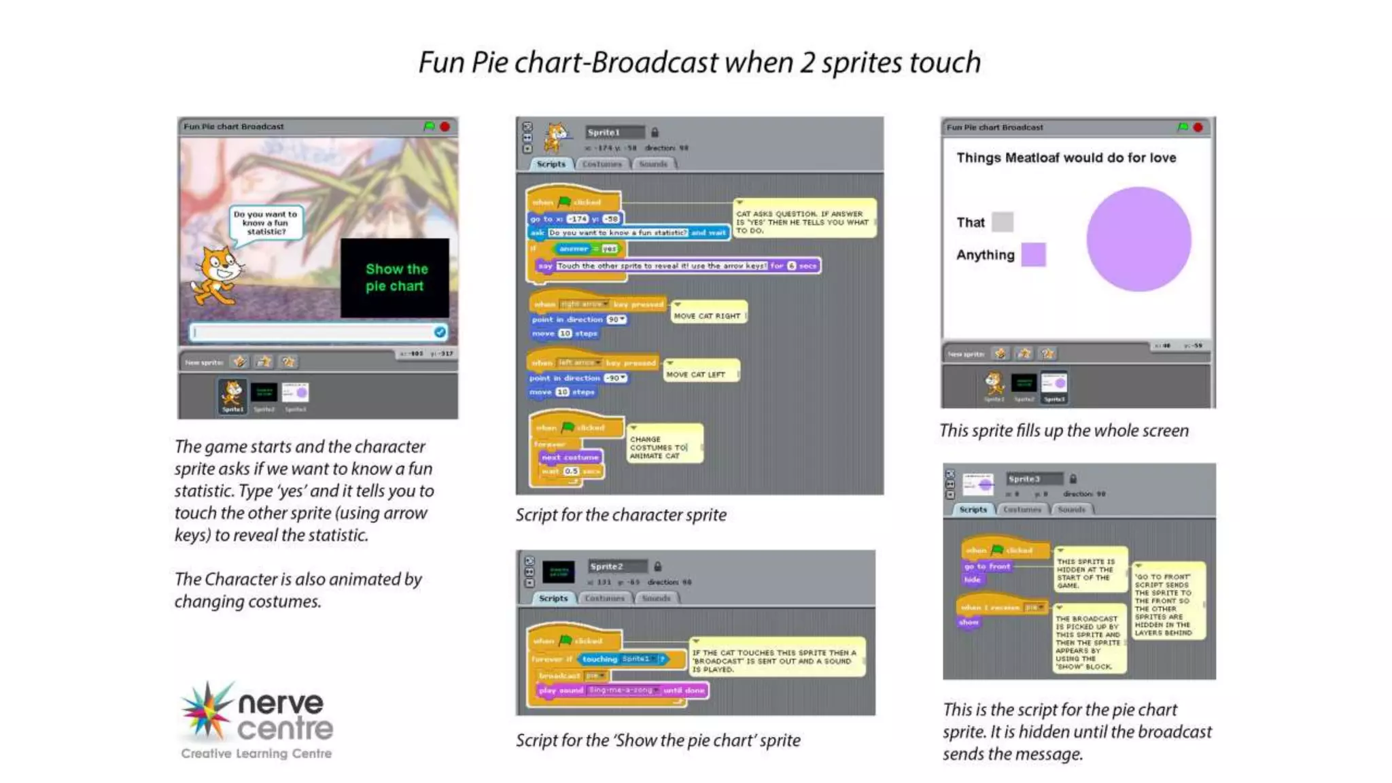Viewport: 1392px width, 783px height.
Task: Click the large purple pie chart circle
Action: point(1138,239)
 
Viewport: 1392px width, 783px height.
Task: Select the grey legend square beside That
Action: point(1003,222)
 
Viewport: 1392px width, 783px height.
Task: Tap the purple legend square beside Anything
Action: point(1033,255)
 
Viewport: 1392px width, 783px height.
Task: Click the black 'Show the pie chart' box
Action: point(395,277)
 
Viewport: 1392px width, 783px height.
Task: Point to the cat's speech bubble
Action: point(265,223)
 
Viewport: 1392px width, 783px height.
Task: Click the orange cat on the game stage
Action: point(216,275)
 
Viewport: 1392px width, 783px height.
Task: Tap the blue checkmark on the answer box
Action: point(440,332)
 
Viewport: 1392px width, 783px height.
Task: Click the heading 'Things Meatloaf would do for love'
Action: point(1066,158)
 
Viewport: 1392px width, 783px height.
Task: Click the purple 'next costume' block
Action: point(570,457)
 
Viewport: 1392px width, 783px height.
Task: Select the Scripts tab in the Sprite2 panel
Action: point(553,598)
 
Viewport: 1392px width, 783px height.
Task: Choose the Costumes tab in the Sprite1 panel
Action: point(602,164)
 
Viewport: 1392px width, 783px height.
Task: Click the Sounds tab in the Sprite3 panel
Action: point(1071,509)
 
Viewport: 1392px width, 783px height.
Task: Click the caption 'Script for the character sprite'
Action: point(621,515)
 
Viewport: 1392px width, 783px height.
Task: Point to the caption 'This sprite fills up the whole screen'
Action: point(1064,430)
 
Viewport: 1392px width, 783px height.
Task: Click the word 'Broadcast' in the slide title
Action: point(654,63)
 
